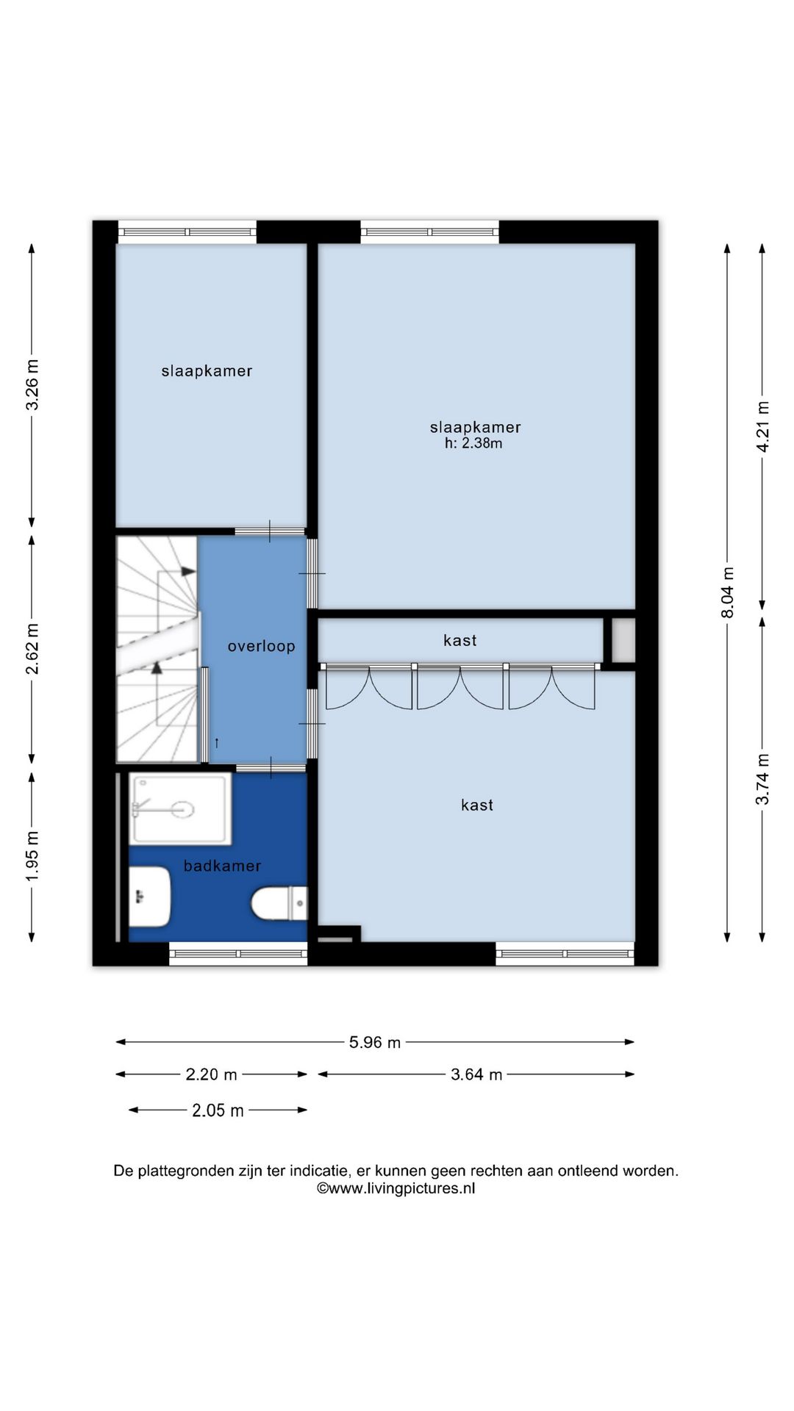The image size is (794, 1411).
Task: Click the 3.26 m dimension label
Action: coord(32,385)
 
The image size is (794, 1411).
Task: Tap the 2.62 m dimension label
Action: coord(32,649)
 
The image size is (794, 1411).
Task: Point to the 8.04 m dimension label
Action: coord(728,592)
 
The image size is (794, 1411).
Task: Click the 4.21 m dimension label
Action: coord(763,427)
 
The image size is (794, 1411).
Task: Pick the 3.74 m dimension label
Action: coord(763,779)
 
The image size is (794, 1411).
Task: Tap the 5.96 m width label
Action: coord(375,1042)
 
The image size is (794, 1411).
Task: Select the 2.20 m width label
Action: coord(211,1074)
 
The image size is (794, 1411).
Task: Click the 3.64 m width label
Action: coord(476,1074)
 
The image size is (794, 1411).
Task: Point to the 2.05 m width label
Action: coord(218,1110)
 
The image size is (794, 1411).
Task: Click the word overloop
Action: coord(261,647)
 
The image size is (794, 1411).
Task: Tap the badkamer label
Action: coord(222,866)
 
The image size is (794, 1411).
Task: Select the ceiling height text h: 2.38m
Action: coord(473,443)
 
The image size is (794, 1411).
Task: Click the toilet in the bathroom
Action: coord(279,903)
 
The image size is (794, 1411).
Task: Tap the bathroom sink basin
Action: coord(150,897)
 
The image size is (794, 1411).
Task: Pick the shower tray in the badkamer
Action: coord(180,808)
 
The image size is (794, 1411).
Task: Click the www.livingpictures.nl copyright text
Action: coord(396,1188)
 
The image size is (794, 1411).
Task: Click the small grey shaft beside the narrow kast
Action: coord(623,640)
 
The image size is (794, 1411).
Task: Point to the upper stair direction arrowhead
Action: coord(189,571)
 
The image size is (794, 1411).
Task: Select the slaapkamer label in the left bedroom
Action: coord(207,371)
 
